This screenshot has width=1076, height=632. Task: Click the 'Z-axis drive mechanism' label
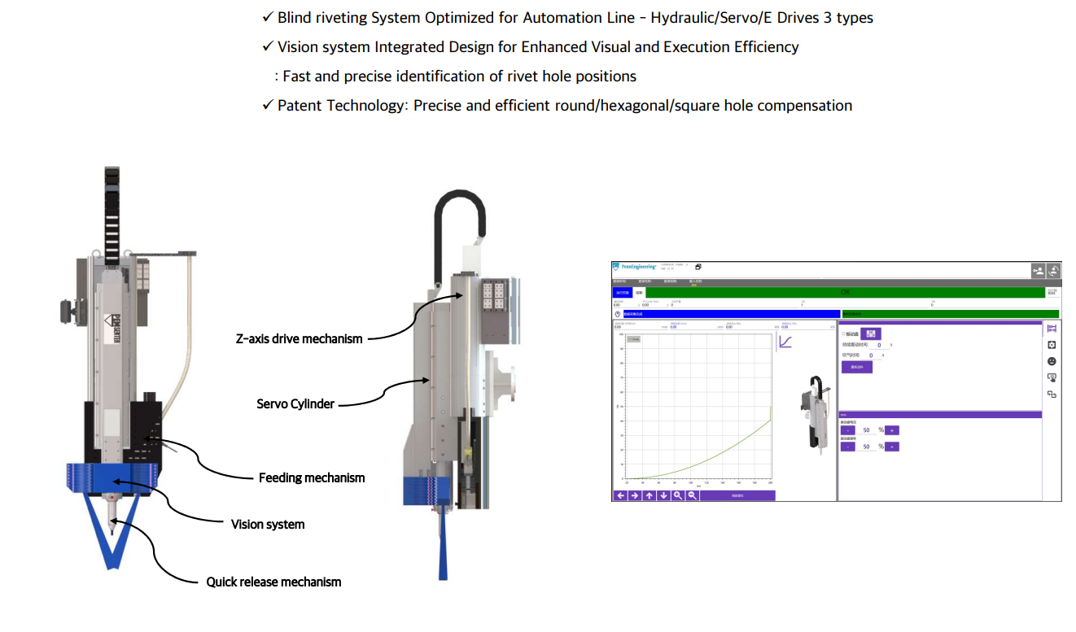(299, 338)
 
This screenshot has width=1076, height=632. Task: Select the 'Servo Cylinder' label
(295, 403)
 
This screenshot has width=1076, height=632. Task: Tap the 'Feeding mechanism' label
(312, 477)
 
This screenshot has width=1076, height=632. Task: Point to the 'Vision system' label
(268, 525)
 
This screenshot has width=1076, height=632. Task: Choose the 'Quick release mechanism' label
(273, 582)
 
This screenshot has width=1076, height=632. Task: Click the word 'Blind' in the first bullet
(295, 17)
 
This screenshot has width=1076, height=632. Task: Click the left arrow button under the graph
(620, 495)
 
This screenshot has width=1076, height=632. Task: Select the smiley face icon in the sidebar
(1052, 361)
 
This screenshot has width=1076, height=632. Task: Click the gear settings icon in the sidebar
(1052, 345)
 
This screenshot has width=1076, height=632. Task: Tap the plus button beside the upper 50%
(892, 430)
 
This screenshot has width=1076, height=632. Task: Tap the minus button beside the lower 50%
(847, 447)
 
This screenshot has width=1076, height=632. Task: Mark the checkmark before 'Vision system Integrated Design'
(267, 47)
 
